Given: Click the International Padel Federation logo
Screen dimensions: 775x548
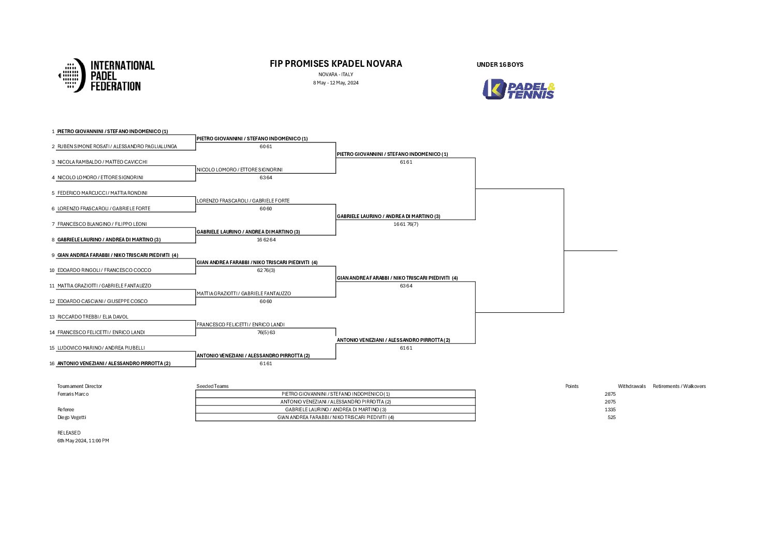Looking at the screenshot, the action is [107, 76].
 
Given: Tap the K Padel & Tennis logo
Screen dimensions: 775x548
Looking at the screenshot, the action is [519, 89].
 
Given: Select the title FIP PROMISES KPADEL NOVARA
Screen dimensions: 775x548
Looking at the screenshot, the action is [335, 64].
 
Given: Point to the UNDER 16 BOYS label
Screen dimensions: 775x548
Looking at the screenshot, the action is [500, 65].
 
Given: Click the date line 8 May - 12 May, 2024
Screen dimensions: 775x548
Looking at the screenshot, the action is [335, 83].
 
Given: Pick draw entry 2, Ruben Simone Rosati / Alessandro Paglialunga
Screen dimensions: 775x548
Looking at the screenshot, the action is [117, 147].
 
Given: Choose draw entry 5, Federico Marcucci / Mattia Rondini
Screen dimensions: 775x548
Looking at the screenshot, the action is [102, 193].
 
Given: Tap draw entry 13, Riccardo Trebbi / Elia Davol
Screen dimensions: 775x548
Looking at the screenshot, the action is [93, 317].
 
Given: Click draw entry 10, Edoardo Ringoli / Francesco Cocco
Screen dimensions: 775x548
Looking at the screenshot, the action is [104, 270].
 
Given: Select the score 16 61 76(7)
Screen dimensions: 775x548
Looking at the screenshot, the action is [406, 224].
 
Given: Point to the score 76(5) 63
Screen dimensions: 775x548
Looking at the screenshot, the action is [266, 333].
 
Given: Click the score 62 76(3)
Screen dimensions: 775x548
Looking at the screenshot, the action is [266, 270].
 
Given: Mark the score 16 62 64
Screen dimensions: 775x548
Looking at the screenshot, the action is [266, 239].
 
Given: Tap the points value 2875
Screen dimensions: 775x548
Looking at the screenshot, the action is [610, 394].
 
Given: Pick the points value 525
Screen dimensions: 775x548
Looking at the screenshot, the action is [611, 417].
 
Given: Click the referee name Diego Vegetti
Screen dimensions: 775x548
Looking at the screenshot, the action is [71, 417].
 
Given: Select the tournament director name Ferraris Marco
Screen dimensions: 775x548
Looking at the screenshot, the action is [73, 394].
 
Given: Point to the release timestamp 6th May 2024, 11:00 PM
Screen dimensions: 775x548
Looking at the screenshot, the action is [83, 441].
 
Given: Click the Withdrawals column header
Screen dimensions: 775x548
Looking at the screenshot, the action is [632, 386].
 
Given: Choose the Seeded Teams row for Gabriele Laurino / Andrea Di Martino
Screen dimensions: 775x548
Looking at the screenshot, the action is [335, 410].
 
